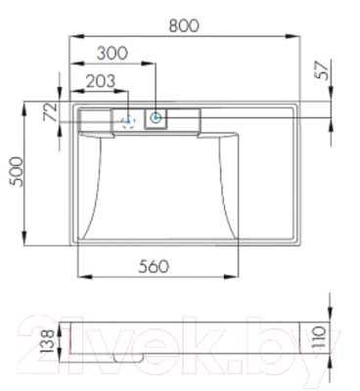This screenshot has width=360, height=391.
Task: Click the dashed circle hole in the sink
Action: coord(127,121)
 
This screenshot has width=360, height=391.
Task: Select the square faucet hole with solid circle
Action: coord(157,119)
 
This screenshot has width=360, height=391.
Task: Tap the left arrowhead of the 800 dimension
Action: coord(71,38)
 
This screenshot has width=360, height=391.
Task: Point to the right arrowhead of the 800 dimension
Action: coord(294,38)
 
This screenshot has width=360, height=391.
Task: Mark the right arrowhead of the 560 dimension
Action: coord(237,276)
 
